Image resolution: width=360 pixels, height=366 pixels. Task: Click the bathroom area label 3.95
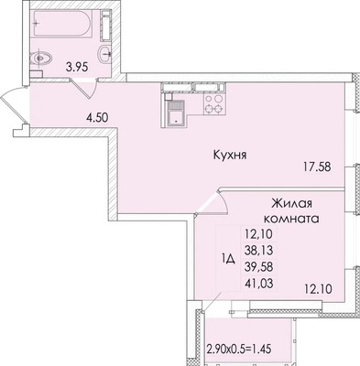73,66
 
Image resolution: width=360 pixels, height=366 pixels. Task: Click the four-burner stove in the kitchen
213,104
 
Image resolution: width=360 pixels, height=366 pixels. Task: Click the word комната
289,221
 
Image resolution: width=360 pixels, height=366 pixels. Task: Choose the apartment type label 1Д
229,259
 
